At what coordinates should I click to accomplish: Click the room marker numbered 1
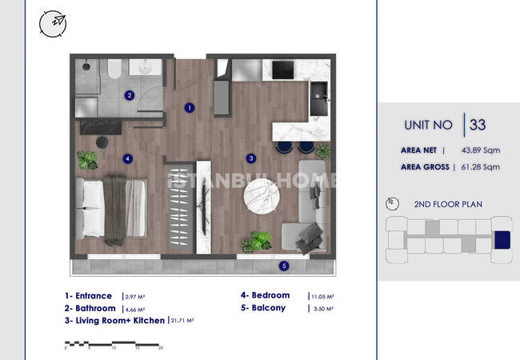click(x=190, y=108)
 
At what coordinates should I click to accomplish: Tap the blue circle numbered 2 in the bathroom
click(x=130, y=95)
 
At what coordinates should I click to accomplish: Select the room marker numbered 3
click(x=251, y=158)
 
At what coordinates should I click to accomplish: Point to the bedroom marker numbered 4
click(x=128, y=158)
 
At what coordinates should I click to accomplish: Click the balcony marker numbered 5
click(x=283, y=266)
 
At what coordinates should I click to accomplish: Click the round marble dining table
click(x=262, y=196)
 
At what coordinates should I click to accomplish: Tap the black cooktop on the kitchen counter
click(x=283, y=70)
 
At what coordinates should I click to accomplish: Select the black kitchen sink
click(x=318, y=98)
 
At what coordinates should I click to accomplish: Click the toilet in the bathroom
click(x=114, y=69)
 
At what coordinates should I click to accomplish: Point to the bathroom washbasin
click(x=146, y=67)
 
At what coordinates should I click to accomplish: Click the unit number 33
click(x=478, y=125)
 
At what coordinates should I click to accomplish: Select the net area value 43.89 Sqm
click(x=481, y=150)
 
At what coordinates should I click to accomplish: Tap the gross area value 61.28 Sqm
click(x=481, y=167)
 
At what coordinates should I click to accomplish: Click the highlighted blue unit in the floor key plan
click(x=502, y=240)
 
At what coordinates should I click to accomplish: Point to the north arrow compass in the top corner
click(x=53, y=23)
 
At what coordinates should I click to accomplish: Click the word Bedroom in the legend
click(x=270, y=295)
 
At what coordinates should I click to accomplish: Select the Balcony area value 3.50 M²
click(x=323, y=309)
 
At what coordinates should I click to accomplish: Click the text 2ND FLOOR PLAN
click(x=448, y=204)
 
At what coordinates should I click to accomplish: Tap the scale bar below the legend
click(x=113, y=344)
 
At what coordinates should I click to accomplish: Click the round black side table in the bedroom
click(x=102, y=142)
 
